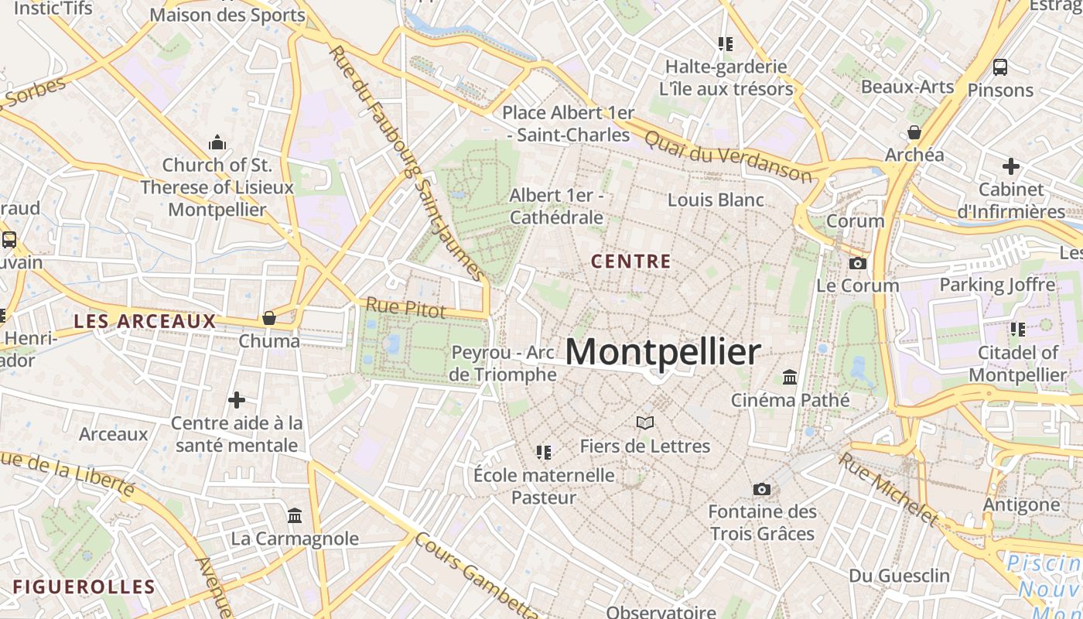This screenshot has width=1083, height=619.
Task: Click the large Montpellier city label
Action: pyautogui.click(x=663, y=352)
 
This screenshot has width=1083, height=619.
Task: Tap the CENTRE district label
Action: pyautogui.click(x=631, y=262)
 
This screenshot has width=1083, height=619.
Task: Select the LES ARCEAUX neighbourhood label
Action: pyautogui.click(x=145, y=321)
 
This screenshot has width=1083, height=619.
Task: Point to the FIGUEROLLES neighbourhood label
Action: pyautogui.click(x=84, y=587)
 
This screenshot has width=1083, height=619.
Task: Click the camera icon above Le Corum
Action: pyautogui.click(x=857, y=263)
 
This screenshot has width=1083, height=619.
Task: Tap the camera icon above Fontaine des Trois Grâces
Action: pyautogui.click(x=762, y=489)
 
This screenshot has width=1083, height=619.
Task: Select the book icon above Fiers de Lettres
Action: pyautogui.click(x=645, y=422)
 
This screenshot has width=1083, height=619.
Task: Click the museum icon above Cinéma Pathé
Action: pyautogui.click(x=790, y=377)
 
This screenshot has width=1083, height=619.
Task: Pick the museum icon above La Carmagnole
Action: pyautogui.click(x=295, y=515)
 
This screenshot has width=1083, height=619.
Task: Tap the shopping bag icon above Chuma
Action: pyautogui.click(x=269, y=318)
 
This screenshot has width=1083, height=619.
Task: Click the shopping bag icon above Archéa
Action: pyautogui.click(x=914, y=132)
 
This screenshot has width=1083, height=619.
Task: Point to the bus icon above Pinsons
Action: pyautogui.click(x=1000, y=67)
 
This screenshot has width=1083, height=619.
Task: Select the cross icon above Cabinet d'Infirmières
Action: pyautogui.click(x=1011, y=166)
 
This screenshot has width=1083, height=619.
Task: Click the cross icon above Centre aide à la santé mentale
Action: pyautogui.click(x=237, y=400)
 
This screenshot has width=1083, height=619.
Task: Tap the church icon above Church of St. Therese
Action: pyautogui.click(x=217, y=142)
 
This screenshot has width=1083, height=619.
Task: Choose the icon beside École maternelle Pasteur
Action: pyautogui.click(x=544, y=452)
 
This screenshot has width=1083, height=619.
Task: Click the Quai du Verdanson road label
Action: pyautogui.click(x=728, y=155)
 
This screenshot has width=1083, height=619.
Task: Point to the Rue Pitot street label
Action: pyautogui.click(x=406, y=307)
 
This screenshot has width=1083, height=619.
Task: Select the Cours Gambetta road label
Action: pyautogui.click(x=476, y=574)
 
